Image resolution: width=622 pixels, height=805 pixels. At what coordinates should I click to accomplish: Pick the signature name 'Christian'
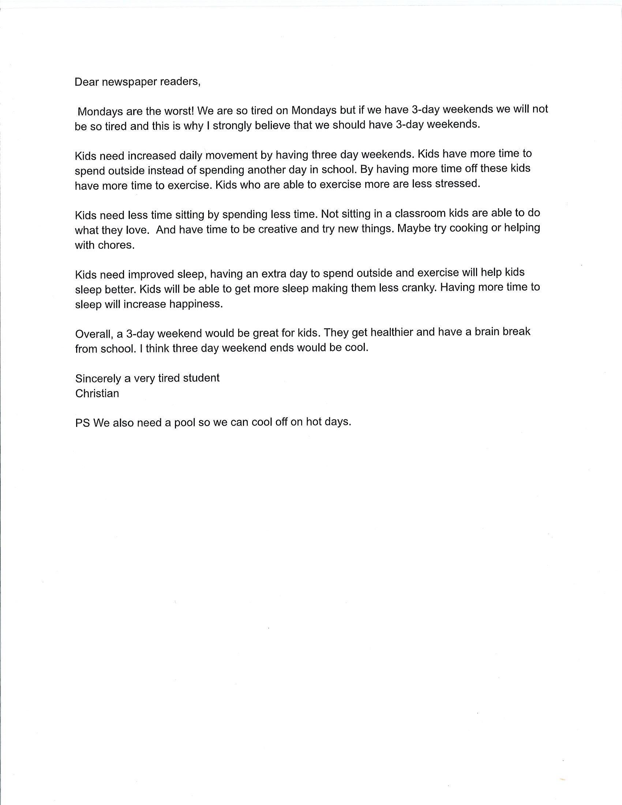tap(97, 394)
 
